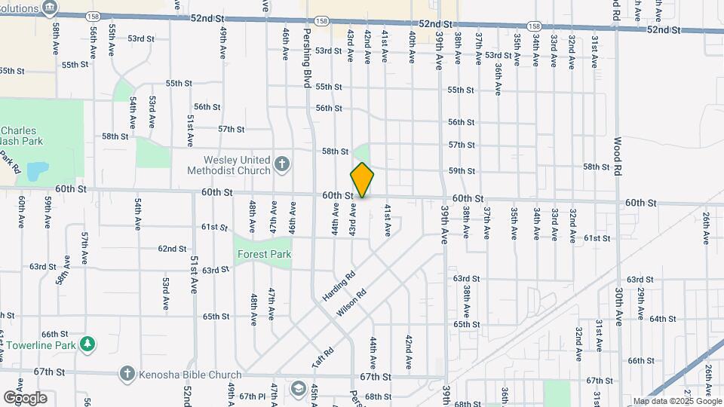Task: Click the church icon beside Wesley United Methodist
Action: click(281, 164)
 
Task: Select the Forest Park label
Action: click(264, 255)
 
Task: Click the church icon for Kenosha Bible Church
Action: click(127, 374)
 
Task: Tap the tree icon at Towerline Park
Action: click(88, 344)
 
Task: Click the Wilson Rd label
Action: click(352, 303)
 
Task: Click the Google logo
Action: click(24, 397)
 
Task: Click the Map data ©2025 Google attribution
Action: click(676, 402)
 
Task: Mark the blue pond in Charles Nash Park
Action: click(35, 173)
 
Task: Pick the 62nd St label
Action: click(172, 249)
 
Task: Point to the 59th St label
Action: click(462, 171)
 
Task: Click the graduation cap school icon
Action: click(298, 389)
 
